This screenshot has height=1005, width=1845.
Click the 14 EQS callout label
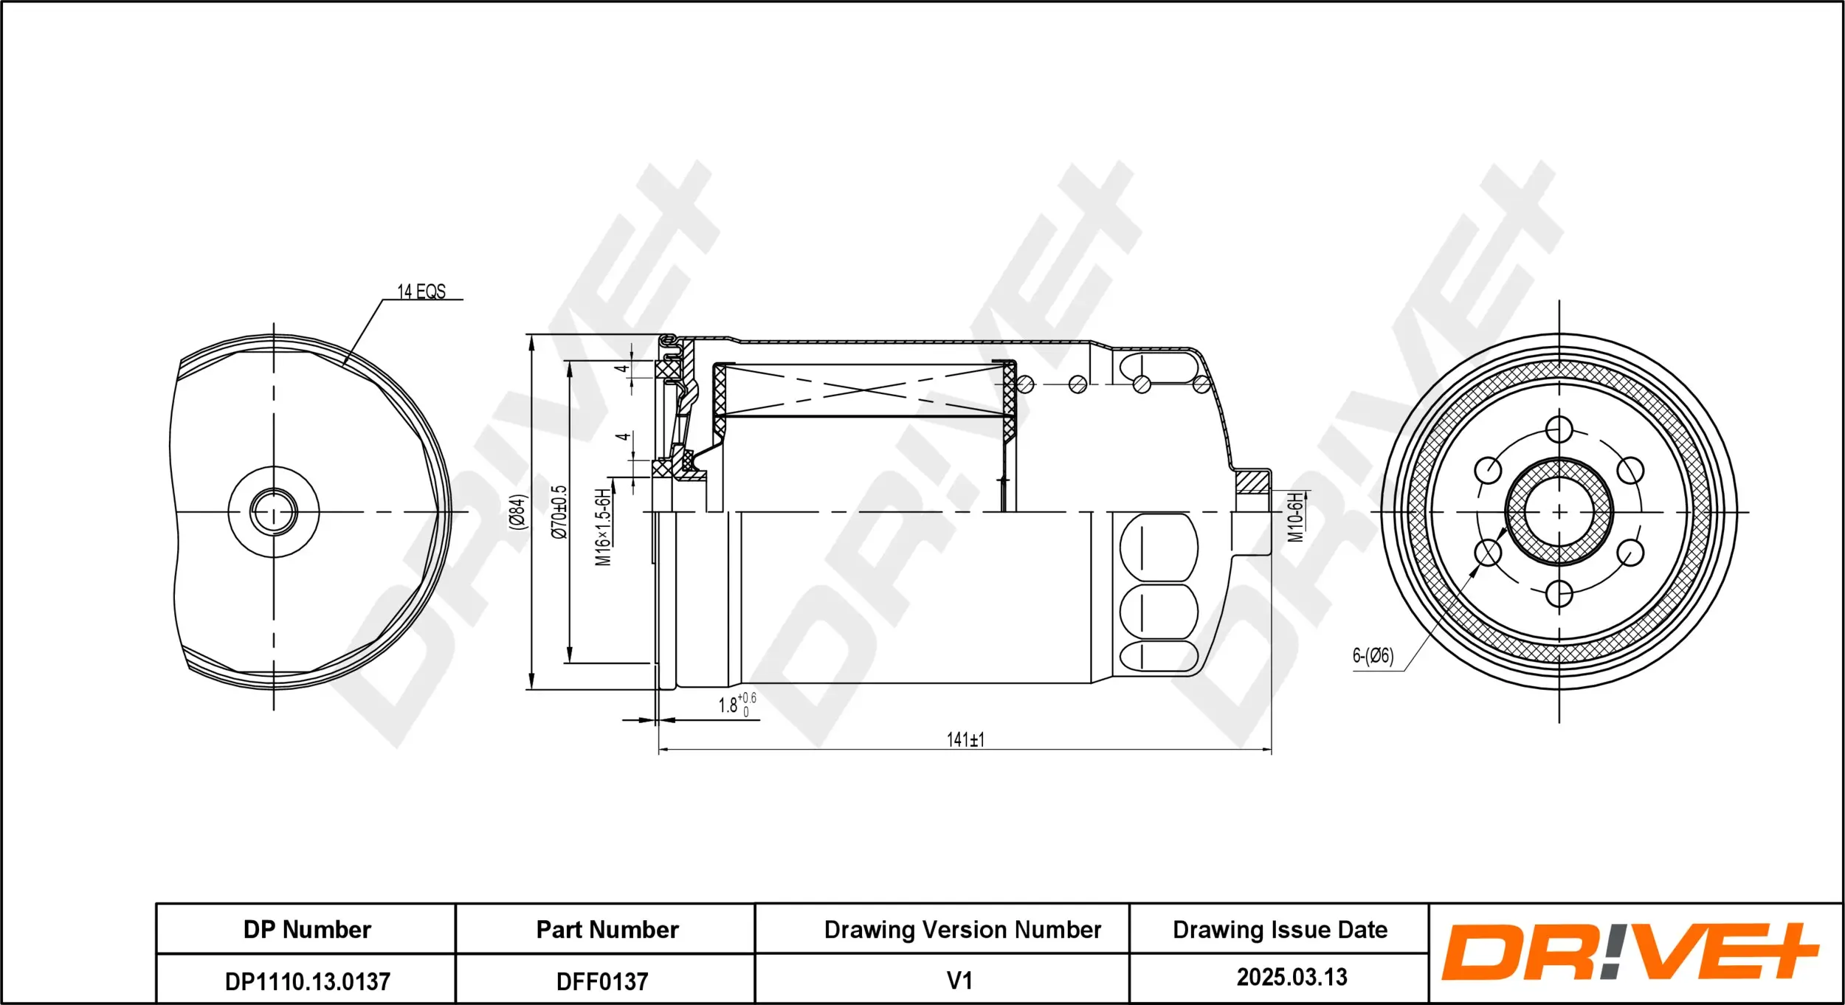coord(421,291)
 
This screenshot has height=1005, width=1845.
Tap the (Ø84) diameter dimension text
coord(519,511)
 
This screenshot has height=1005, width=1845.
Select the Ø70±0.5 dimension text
coord(560,511)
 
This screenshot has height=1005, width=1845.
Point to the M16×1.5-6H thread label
coord(603,527)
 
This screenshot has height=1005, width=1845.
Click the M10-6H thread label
coord(1296,518)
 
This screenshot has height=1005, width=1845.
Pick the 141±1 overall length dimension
coord(965,739)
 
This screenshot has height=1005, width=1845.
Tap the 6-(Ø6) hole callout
coord(1373,655)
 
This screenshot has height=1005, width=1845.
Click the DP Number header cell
coord(307,930)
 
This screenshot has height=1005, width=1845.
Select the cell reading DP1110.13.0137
coord(307,981)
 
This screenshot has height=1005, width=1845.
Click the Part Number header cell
coord(607,930)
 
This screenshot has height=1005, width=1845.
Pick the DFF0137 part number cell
coord(602,981)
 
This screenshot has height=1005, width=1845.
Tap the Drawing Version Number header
coord(962,930)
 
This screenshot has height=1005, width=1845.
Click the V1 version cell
coord(959,981)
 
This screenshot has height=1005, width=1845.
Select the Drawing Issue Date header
coord(1280,930)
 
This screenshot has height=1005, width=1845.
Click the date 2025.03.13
coord(1291,977)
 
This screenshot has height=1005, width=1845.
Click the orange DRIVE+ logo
coord(1630,952)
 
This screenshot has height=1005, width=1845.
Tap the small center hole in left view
coord(274,511)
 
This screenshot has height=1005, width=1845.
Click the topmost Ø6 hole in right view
coord(1559,429)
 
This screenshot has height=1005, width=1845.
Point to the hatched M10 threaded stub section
coord(1252,483)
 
